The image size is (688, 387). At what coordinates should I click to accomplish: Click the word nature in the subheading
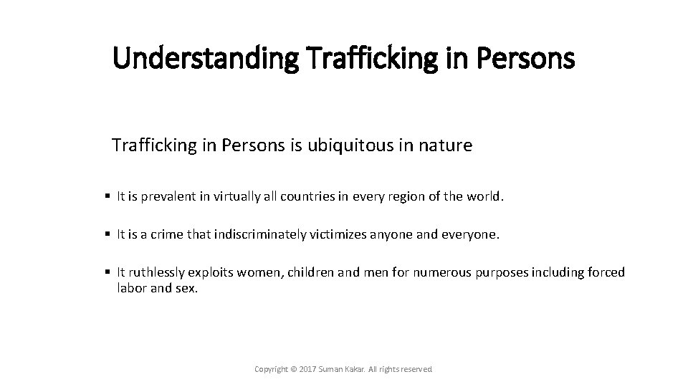click(449, 146)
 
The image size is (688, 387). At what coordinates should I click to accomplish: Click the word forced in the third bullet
click(608, 272)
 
